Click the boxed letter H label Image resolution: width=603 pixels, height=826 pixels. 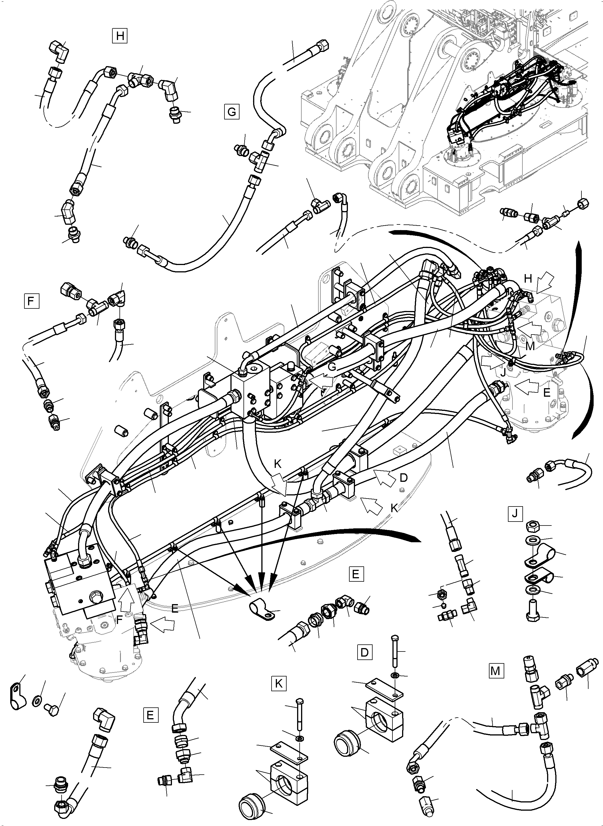pos(119,36)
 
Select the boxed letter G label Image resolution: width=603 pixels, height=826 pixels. pos(232,112)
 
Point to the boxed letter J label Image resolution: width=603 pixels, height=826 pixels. pos(515,514)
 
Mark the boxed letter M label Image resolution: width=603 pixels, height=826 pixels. pos(495,671)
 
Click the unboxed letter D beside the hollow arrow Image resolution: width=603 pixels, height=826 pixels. pos(403,478)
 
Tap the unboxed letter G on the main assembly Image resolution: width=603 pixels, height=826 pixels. pos(331,366)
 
